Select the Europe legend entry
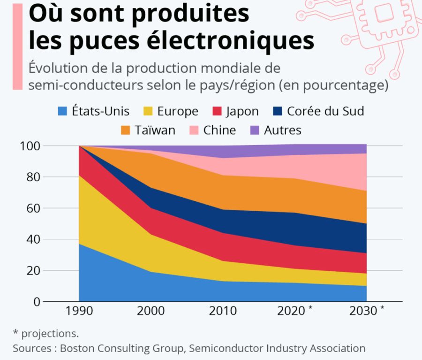[171, 111]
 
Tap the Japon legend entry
[234, 111]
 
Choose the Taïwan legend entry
[148, 130]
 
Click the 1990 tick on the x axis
[79, 311]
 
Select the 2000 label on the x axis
[151, 311]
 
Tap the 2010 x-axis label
[223, 311]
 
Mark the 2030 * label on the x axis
[367, 311]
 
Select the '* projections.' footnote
[46, 333]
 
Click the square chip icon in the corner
[384, 14]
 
